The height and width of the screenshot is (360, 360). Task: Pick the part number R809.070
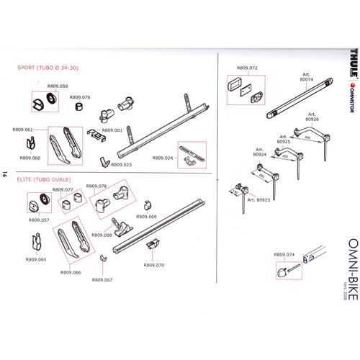[x=154, y=265]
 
